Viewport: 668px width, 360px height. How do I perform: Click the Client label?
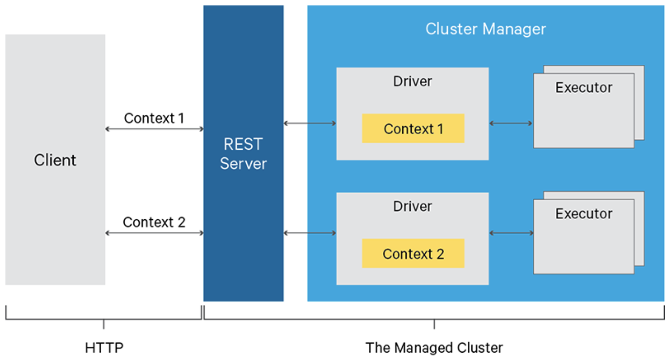(x=55, y=160)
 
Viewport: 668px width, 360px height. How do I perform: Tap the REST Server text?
(x=243, y=154)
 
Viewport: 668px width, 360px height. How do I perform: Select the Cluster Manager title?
(x=486, y=29)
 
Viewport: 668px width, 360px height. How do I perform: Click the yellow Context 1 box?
(x=413, y=129)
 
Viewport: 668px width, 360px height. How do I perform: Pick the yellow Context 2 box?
(x=413, y=253)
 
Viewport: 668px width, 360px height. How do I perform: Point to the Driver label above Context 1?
(x=412, y=81)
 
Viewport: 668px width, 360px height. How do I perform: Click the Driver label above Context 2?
(x=412, y=206)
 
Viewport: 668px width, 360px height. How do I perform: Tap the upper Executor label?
(x=583, y=88)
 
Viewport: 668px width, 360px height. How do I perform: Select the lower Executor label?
(x=583, y=214)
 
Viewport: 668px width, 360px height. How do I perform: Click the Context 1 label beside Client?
(x=154, y=118)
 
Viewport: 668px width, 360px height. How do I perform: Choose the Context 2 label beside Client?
(x=154, y=222)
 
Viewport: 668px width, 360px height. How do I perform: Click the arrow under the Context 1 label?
(x=154, y=129)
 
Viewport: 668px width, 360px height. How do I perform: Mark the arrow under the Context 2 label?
(x=154, y=233)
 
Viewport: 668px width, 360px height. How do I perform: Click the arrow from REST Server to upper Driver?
(x=310, y=124)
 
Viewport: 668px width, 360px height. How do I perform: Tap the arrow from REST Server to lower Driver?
(x=310, y=233)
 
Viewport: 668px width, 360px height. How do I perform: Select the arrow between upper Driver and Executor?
(x=511, y=124)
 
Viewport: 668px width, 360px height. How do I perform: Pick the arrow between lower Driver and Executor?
(x=511, y=233)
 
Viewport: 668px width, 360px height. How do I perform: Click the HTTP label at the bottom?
(x=104, y=348)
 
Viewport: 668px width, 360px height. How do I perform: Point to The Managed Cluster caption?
(x=434, y=348)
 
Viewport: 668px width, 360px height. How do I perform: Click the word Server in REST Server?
(x=243, y=164)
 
